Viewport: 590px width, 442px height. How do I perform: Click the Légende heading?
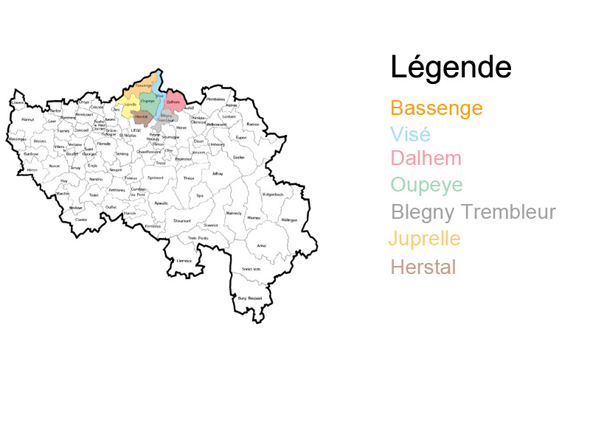pos(451,67)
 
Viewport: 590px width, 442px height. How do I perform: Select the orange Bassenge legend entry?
pos(437,109)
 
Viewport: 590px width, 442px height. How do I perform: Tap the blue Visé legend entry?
pos(410,135)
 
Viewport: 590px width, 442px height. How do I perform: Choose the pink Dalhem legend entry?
pos(426,158)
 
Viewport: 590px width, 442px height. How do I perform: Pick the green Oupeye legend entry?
pos(427,184)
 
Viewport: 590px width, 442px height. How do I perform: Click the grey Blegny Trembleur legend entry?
pos(473,212)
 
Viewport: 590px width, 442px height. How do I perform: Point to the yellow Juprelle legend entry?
pos(426,239)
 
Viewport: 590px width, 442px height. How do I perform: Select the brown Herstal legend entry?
pos(423,267)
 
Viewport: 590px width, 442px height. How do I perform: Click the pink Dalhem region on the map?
pos(174,102)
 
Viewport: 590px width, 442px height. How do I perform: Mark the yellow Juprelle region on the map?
pos(130,105)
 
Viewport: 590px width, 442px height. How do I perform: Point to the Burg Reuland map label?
pos(250,298)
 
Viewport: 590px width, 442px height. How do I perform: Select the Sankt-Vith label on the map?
pos(251,270)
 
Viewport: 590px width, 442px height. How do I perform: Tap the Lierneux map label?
pos(184,260)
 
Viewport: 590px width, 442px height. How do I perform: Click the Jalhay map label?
pos(217,174)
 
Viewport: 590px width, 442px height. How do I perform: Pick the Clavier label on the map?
pos(81,219)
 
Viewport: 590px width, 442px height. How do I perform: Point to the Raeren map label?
pos(253,124)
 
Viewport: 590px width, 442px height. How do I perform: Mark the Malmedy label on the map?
pos(234,213)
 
